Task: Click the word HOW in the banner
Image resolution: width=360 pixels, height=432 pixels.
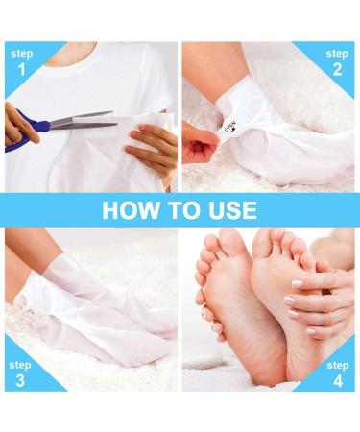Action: coord(129,209)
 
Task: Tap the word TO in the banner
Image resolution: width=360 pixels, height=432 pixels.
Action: coord(180,209)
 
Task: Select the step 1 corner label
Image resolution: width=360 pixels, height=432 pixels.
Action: coord(20,62)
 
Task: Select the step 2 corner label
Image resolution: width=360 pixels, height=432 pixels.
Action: coord(337,62)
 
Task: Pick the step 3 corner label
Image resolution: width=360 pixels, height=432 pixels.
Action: coord(20,372)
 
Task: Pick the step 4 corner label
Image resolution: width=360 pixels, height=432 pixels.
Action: coord(337,372)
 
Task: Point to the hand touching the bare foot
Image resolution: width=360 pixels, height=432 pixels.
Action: coord(317,298)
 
